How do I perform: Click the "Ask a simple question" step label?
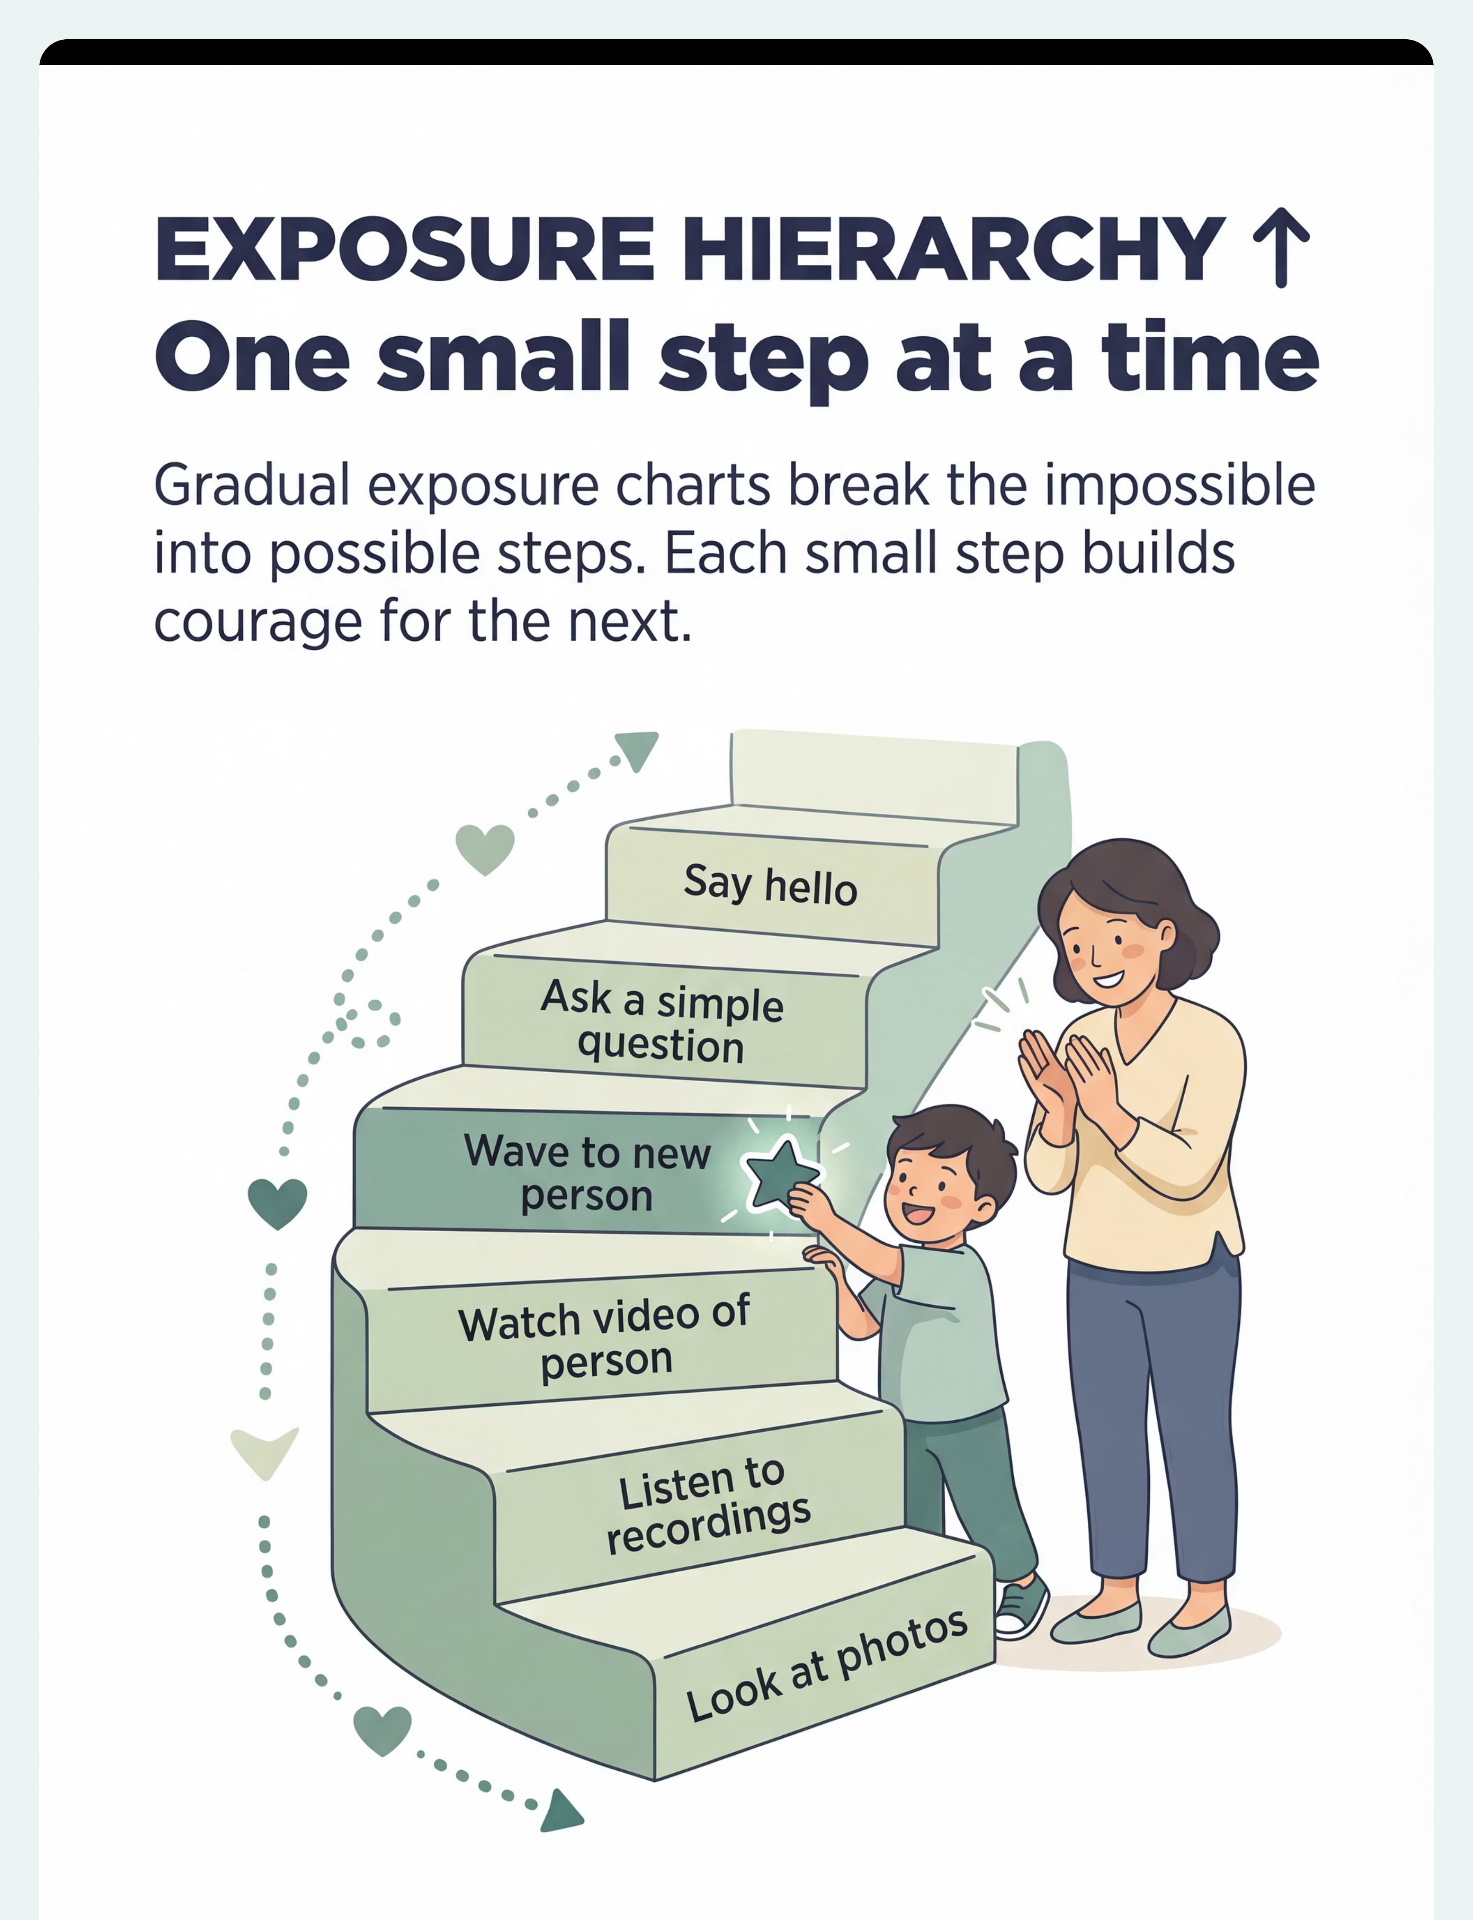[662, 1021]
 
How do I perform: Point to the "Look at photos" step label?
[827, 1666]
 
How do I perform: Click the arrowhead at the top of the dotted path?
[639, 750]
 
